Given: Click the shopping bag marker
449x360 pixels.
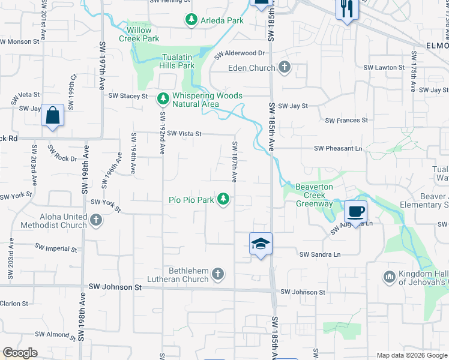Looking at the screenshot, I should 52,115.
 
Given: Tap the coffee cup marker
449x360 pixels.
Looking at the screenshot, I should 355,212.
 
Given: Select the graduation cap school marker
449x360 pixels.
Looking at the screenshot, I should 261,244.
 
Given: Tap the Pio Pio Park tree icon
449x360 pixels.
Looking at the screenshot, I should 223,199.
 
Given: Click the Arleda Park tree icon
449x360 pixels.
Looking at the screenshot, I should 191,20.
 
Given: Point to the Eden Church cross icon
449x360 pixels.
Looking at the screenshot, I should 284,68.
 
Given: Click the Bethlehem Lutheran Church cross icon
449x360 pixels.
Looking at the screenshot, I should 218,275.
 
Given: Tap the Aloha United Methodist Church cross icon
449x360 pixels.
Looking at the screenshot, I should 95,221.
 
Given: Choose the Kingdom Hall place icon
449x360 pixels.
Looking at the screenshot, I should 388,277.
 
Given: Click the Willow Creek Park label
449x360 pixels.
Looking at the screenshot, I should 143,34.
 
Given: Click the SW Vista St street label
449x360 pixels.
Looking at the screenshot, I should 184,134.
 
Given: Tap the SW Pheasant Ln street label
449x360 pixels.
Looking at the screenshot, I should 339,148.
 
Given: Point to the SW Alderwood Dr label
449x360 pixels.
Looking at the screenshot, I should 240,55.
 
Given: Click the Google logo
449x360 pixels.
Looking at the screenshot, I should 20,353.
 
